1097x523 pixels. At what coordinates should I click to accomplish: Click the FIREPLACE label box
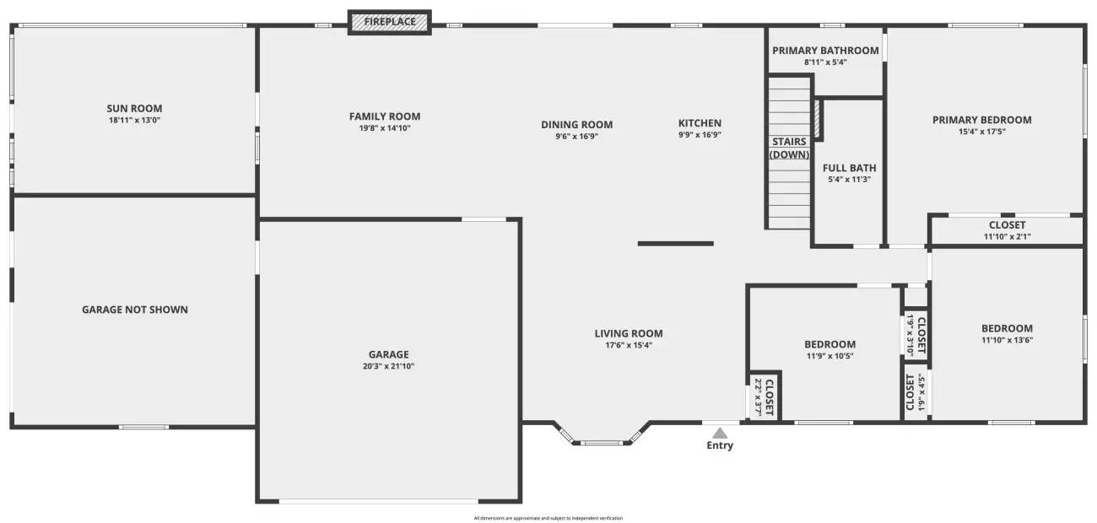(390, 22)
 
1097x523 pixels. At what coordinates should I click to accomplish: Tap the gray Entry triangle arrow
(719, 433)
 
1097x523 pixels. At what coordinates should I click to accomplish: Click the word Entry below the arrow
(720, 445)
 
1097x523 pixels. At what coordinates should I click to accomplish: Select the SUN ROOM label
(134, 108)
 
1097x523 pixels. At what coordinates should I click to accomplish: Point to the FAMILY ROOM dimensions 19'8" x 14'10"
(385, 128)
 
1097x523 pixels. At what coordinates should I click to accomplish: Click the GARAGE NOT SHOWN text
(135, 310)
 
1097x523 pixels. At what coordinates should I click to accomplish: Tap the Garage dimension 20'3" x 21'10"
(388, 366)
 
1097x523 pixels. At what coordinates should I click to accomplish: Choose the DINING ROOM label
(577, 125)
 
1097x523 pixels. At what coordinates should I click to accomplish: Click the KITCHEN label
(700, 123)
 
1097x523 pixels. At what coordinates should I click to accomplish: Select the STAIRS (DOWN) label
(789, 148)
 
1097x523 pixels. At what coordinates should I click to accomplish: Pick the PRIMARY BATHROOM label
(825, 51)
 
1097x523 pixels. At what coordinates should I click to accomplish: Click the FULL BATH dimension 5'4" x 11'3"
(850, 179)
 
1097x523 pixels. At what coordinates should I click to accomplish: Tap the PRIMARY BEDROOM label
(981, 120)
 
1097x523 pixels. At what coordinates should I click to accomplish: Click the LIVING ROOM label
(629, 333)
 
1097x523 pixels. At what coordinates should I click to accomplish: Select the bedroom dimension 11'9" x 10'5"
(830, 356)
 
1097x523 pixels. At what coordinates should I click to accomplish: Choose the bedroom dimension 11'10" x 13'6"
(1007, 340)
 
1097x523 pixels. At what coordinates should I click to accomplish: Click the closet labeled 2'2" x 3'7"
(764, 396)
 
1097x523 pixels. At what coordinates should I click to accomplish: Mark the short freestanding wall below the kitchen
(675, 244)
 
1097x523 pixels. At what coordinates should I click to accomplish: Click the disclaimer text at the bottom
(548, 518)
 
